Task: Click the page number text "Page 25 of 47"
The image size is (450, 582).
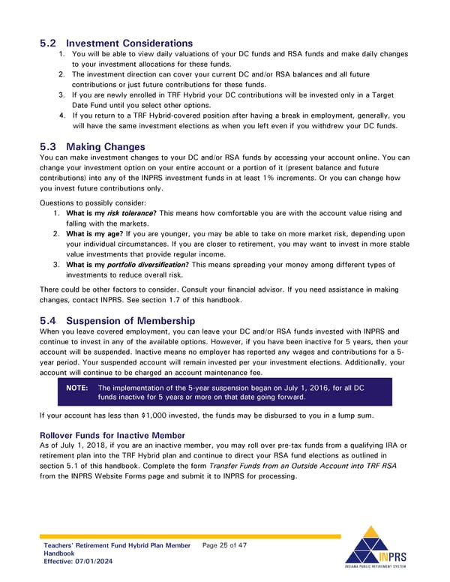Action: tap(225, 545)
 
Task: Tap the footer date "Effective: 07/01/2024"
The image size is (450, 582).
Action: tap(79, 562)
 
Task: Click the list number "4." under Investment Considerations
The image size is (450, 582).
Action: tap(61, 115)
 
